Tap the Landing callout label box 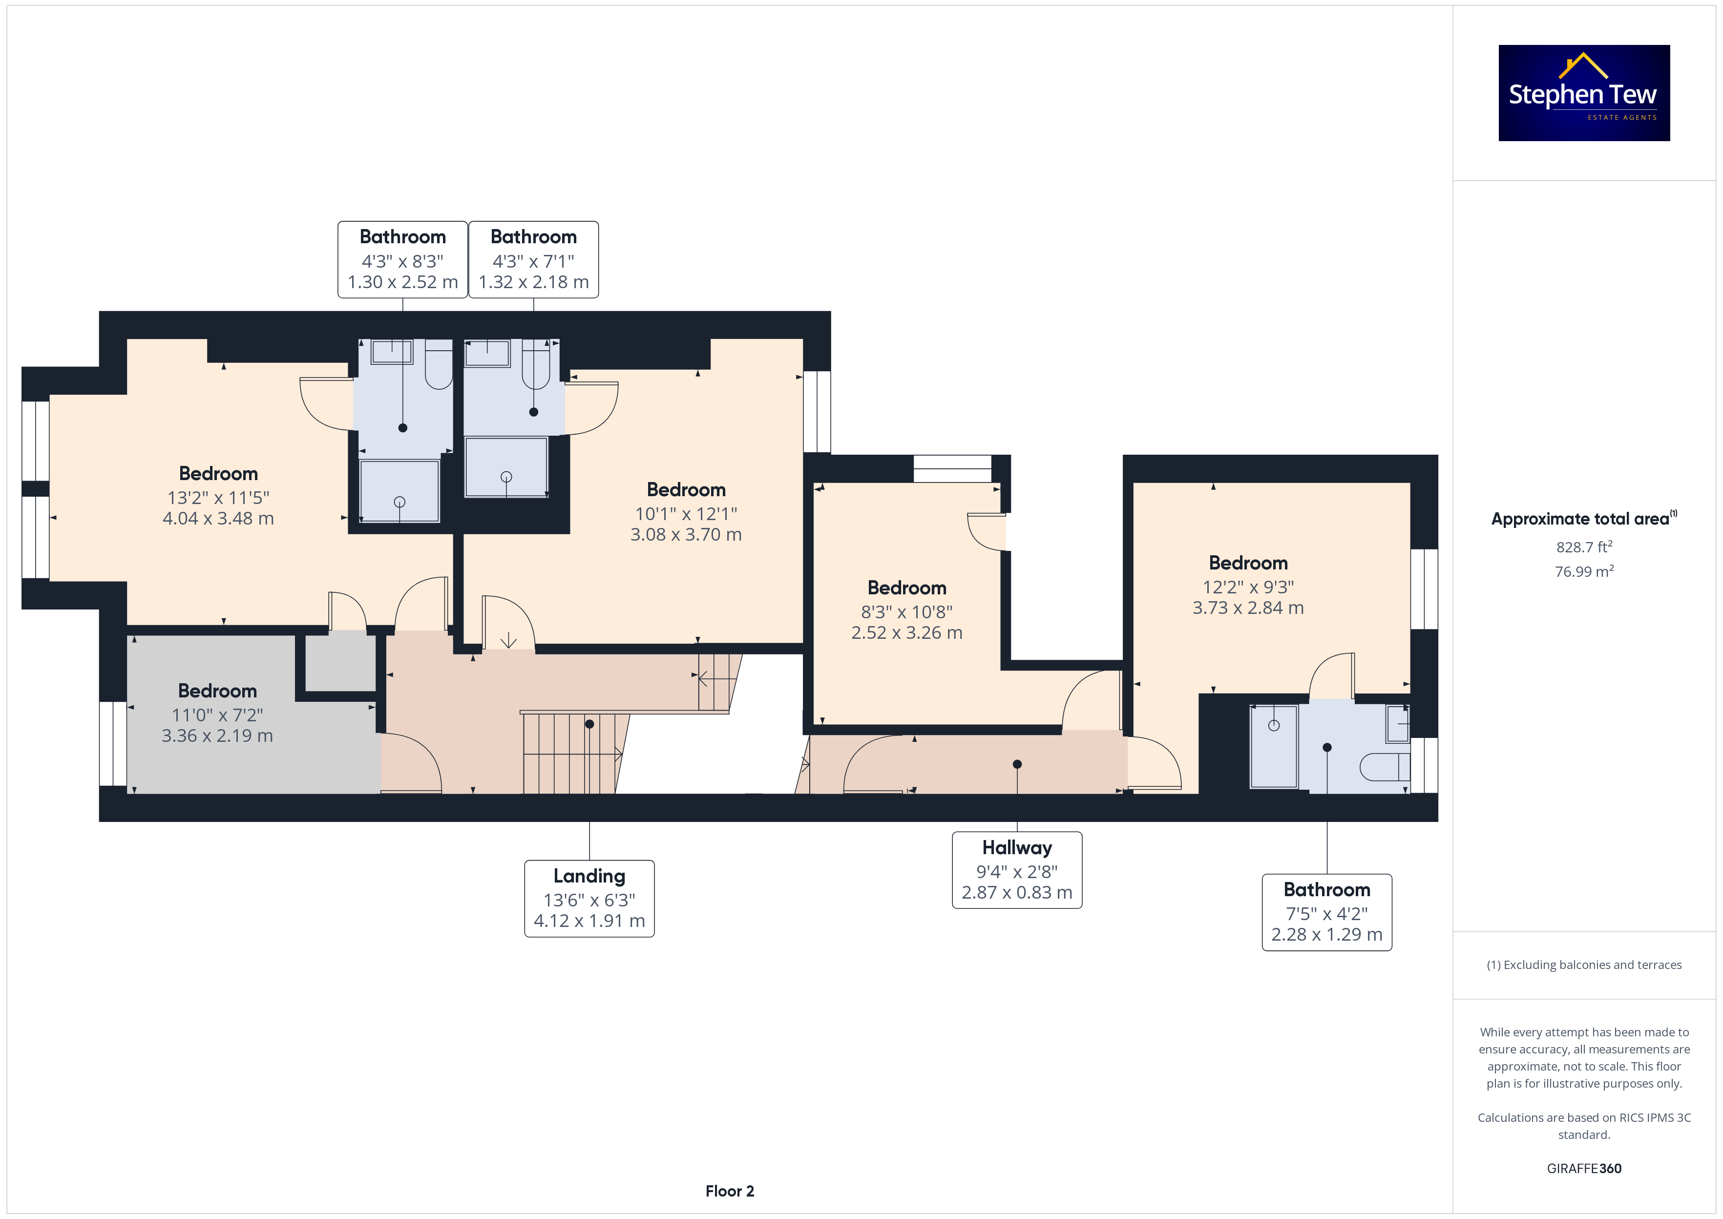(589, 899)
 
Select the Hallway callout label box (1017, 870)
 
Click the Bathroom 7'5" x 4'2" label (1327, 912)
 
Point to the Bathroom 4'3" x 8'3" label (403, 260)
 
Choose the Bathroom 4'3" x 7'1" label (534, 260)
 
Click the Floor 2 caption (730, 1191)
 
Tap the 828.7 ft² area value (1584, 546)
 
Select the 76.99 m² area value (1584, 571)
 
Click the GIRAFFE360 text (1584, 1169)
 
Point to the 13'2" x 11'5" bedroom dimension (218, 498)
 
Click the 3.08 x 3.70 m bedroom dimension (686, 534)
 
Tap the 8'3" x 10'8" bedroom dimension (906, 612)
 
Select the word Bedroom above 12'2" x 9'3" (1248, 563)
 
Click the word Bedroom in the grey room (218, 691)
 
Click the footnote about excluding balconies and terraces (1584, 965)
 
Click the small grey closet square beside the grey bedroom (341, 663)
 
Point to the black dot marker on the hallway (1017, 764)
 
